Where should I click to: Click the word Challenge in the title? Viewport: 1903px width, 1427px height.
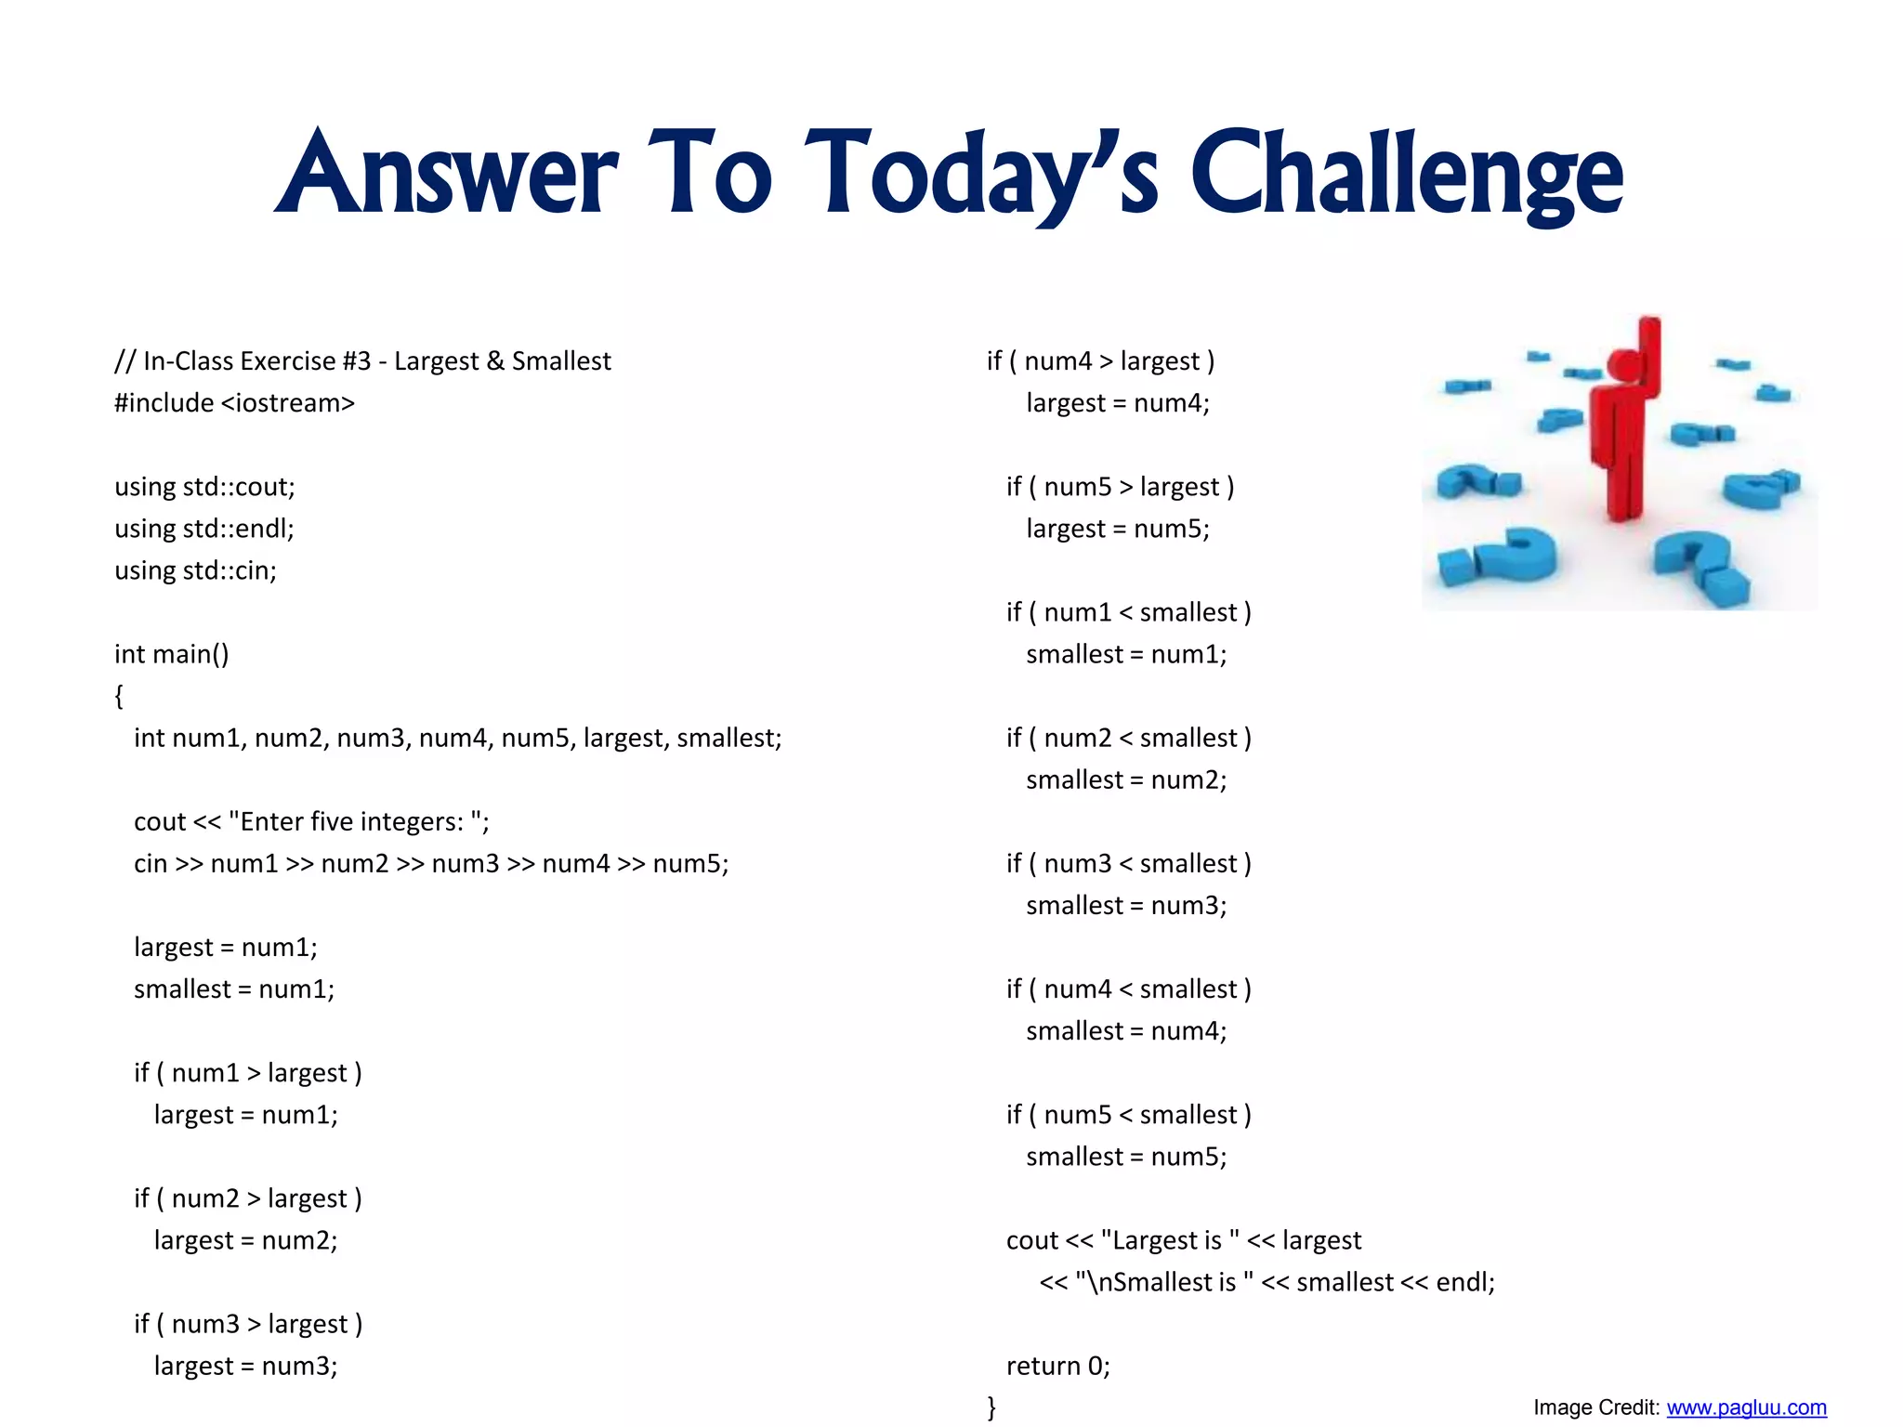click(1407, 177)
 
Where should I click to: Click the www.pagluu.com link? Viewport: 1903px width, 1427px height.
click(1746, 1407)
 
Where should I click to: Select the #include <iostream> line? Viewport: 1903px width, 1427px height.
click(234, 403)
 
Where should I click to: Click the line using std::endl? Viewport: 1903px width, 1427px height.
click(204, 529)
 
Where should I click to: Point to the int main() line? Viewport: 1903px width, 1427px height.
click(171, 654)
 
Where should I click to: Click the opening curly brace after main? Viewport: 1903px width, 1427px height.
click(119, 696)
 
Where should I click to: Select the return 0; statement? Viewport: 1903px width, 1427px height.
click(1057, 1366)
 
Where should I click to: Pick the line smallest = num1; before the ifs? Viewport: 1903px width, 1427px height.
click(234, 989)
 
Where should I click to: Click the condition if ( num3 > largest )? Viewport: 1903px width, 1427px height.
click(248, 1324)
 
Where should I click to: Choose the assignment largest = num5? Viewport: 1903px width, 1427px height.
click(1117, 529)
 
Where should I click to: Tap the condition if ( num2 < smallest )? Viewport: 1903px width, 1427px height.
click(1128, 739)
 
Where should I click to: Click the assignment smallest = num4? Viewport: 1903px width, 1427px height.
click(1126, 1031)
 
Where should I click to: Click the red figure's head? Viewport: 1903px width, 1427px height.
click(1626, 364)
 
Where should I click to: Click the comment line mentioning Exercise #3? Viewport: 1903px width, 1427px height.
click(362, 361)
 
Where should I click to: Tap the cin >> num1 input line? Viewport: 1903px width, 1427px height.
click(431, 864)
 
